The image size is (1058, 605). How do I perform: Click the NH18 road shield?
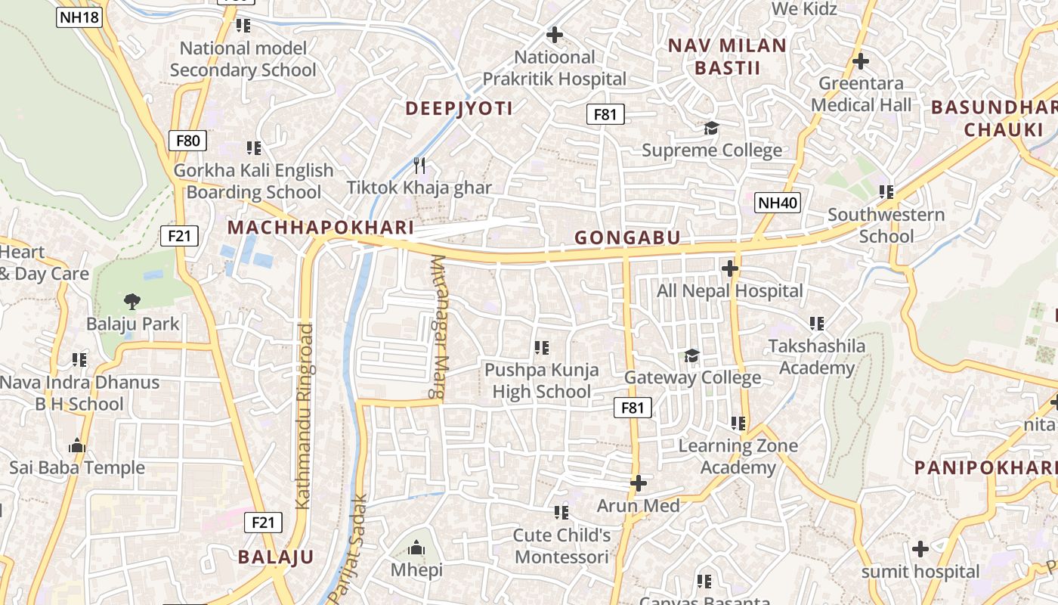[x=79, y=17]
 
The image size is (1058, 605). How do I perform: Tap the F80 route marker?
[x=187, y=140]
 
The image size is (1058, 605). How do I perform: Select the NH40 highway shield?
[x=778, y=202]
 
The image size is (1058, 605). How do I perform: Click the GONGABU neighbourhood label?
[x=627, y=237]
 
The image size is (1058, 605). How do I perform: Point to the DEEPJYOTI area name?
[x=459, y=108]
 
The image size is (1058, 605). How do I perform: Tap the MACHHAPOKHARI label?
[x=320, y=228]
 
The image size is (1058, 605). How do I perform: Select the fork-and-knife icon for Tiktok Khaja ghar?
[x=419, y=165]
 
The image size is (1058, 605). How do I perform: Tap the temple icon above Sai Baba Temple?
[x=77, y=445]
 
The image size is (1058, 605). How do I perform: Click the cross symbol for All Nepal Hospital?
[x=729, y=268]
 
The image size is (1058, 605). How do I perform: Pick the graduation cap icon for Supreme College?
[x=711, y=128]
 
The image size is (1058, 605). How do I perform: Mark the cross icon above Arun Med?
[x=639, y=482]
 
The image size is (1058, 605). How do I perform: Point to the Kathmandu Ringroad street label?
[x=304, y=416]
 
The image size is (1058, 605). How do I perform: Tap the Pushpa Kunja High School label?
[x=541, y=380]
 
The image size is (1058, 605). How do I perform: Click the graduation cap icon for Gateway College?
[x=691, y=355]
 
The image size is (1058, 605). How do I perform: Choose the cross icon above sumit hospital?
[x=920, y=549]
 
